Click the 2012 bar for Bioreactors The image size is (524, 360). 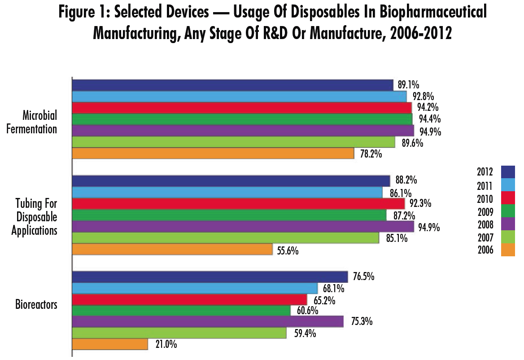(210, 277)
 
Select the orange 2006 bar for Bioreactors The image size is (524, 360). (110, 344)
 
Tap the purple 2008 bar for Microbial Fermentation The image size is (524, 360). (243, 131)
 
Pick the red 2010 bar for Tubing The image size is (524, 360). (238, 204)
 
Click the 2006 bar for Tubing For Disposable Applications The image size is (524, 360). (172, 249)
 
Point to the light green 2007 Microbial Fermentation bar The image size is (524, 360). (233, 142)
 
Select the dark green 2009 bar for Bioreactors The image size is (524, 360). (181, 311)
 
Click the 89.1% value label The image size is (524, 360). (408, 84)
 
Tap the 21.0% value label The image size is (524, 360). (166, 345)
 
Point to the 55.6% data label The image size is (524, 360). (288, 250)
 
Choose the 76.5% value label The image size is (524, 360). (363, 277)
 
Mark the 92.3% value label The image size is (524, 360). (420, 203)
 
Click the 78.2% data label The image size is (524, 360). (371, 154)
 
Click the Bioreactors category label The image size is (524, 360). (36, 305)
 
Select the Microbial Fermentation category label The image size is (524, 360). (40, 123)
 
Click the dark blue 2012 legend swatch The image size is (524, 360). (508, 171)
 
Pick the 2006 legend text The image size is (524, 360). (485, 250)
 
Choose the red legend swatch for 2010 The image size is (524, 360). (508, 198)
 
